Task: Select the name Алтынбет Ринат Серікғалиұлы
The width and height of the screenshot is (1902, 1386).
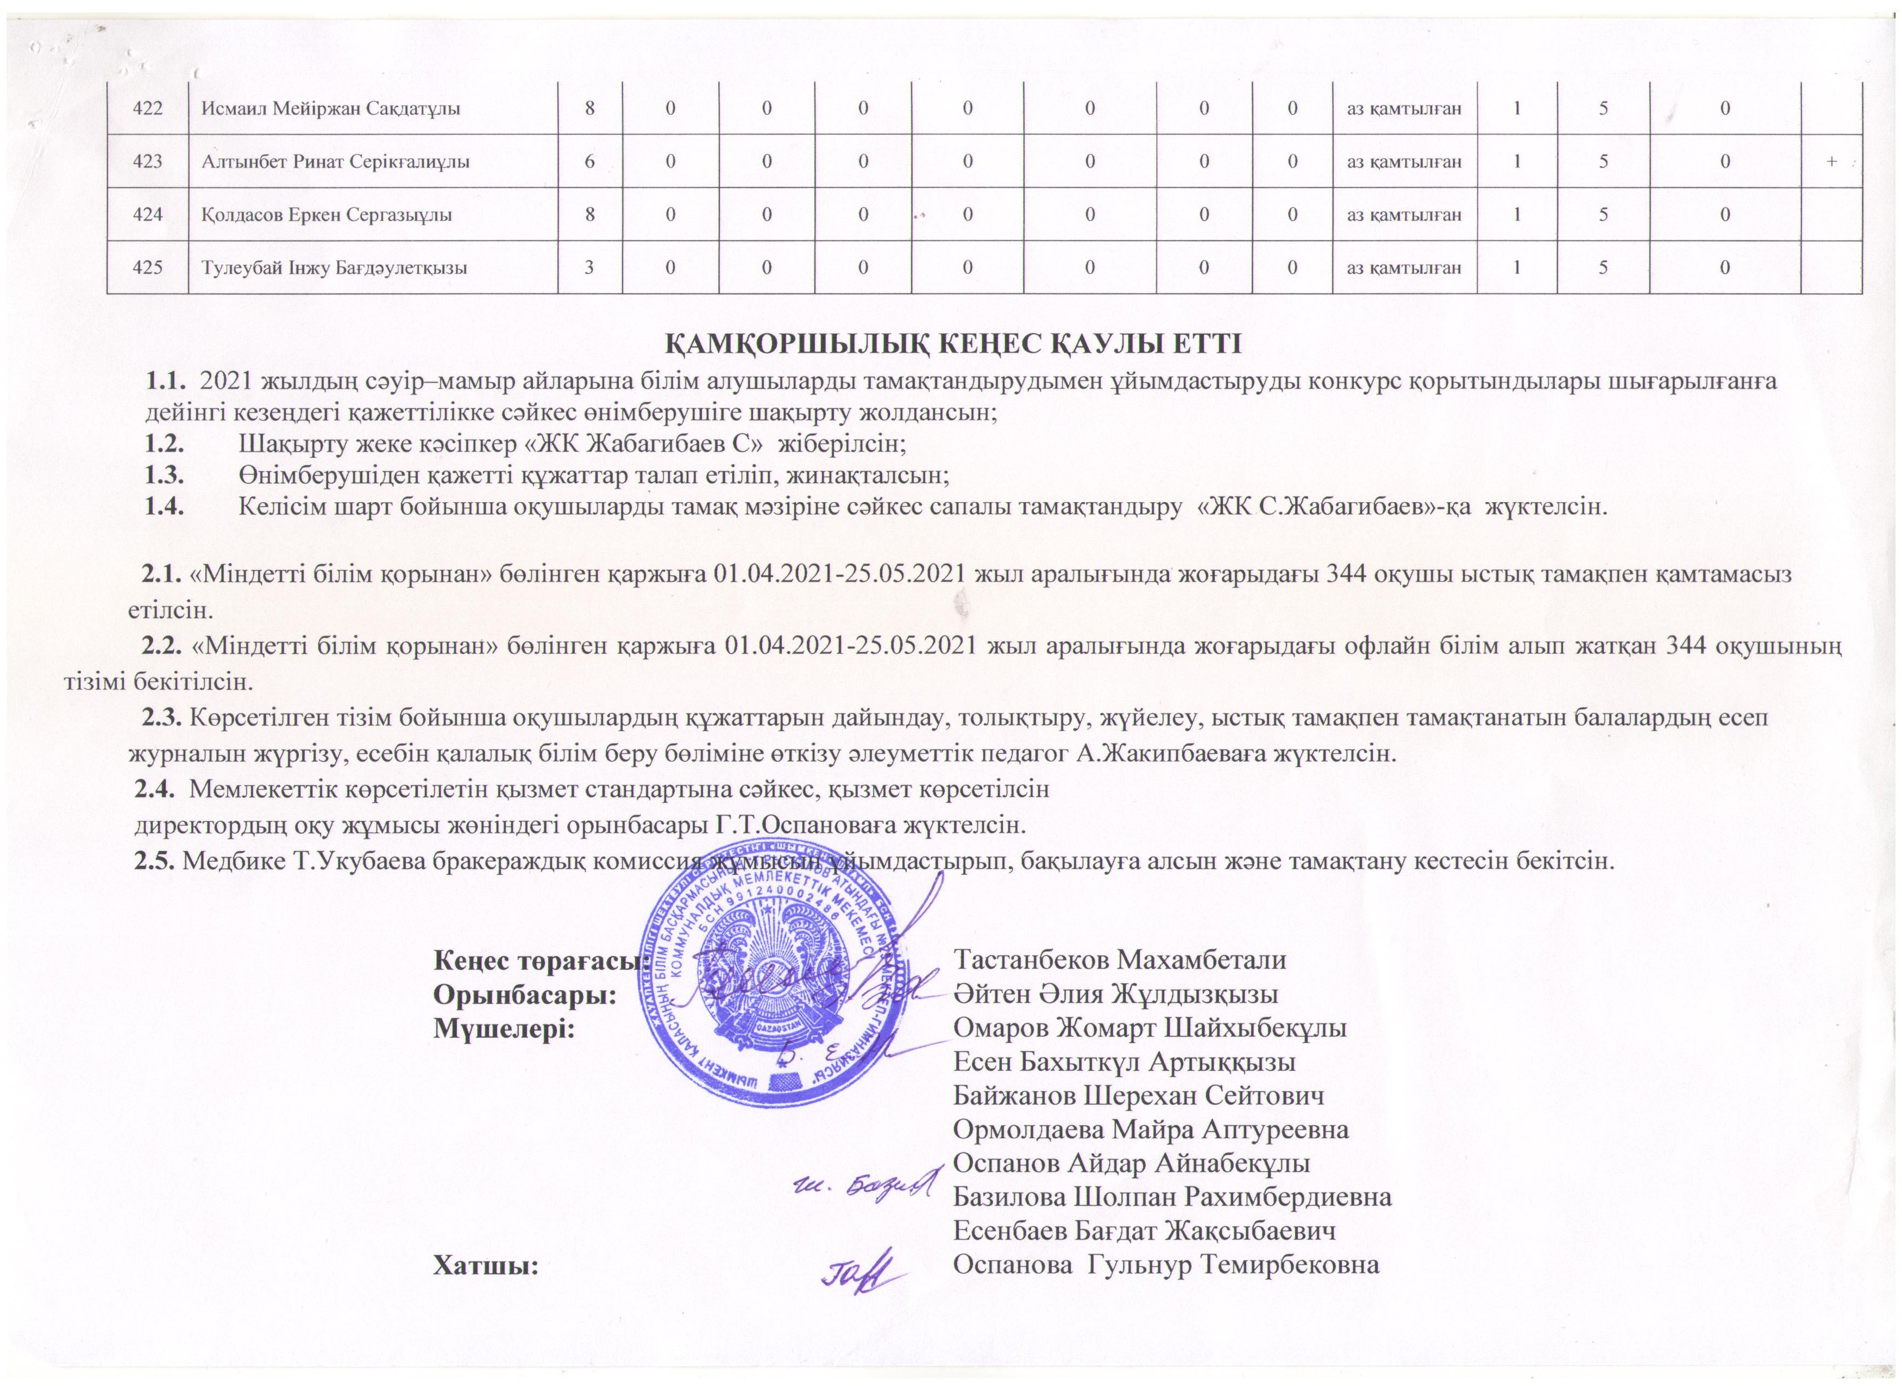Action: point(335,162)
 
